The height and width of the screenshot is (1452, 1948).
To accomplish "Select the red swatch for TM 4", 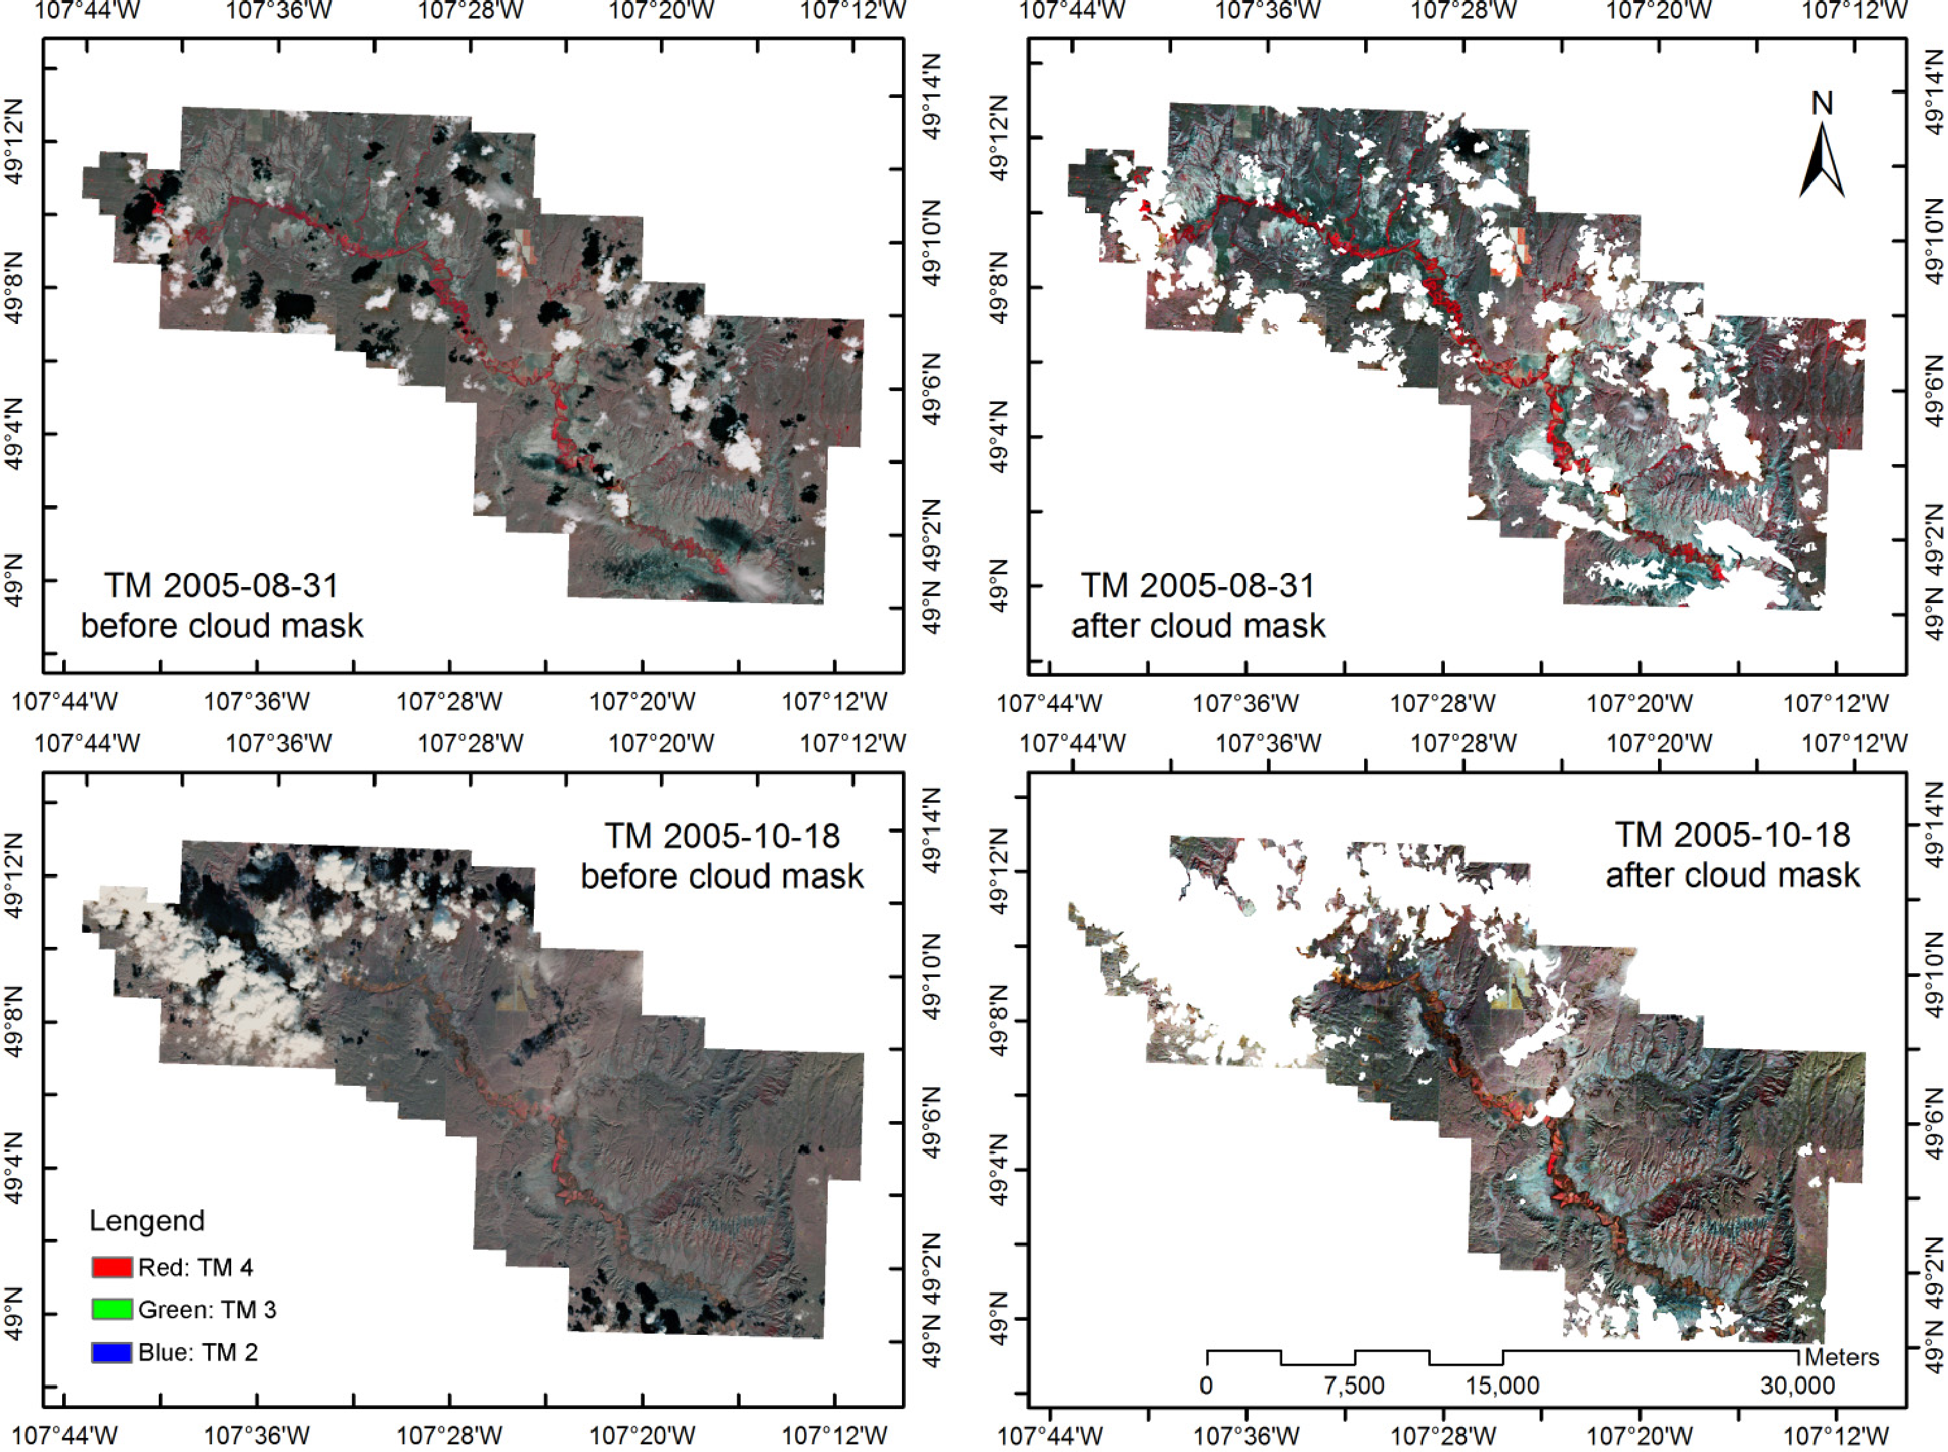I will click(111, 1266).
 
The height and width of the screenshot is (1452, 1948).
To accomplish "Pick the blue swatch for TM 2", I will click(111, 1351).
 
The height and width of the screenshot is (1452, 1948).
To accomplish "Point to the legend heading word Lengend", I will click(147, 1220).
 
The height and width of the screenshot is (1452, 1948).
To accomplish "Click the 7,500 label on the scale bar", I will click(1354, 1386).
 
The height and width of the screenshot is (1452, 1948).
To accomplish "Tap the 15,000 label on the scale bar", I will click(1502, 1386).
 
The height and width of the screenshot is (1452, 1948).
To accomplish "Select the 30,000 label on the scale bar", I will click(1797, 1386).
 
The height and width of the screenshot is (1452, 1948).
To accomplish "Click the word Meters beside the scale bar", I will click(1842, 1357).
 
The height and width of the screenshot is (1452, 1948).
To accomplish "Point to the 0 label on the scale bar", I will click(1207, 1386).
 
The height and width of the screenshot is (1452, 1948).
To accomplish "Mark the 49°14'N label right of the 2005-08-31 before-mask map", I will click(933, 97).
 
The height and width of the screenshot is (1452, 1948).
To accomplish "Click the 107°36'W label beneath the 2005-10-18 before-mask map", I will click(257, 1436).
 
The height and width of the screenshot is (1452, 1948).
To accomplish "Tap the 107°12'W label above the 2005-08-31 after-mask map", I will click(1854, 10).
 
